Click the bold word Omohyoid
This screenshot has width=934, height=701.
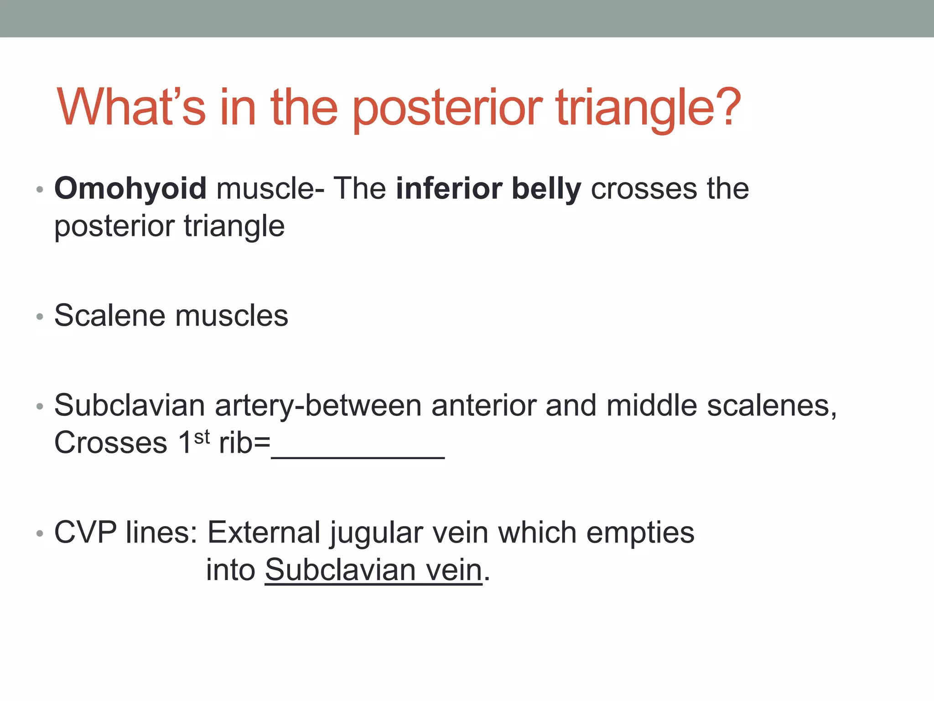pos(130,188)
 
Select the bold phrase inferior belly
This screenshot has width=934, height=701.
pos(488,188)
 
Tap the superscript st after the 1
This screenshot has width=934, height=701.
pos(202,437)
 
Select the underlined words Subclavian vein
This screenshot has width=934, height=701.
pos(374,570)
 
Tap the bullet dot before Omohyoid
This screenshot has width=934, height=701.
pos(40,190)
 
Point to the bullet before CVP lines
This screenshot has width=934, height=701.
pos(40,534)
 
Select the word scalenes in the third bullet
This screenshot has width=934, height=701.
pos(771,405)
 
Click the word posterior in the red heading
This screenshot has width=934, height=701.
pos(447,107)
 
